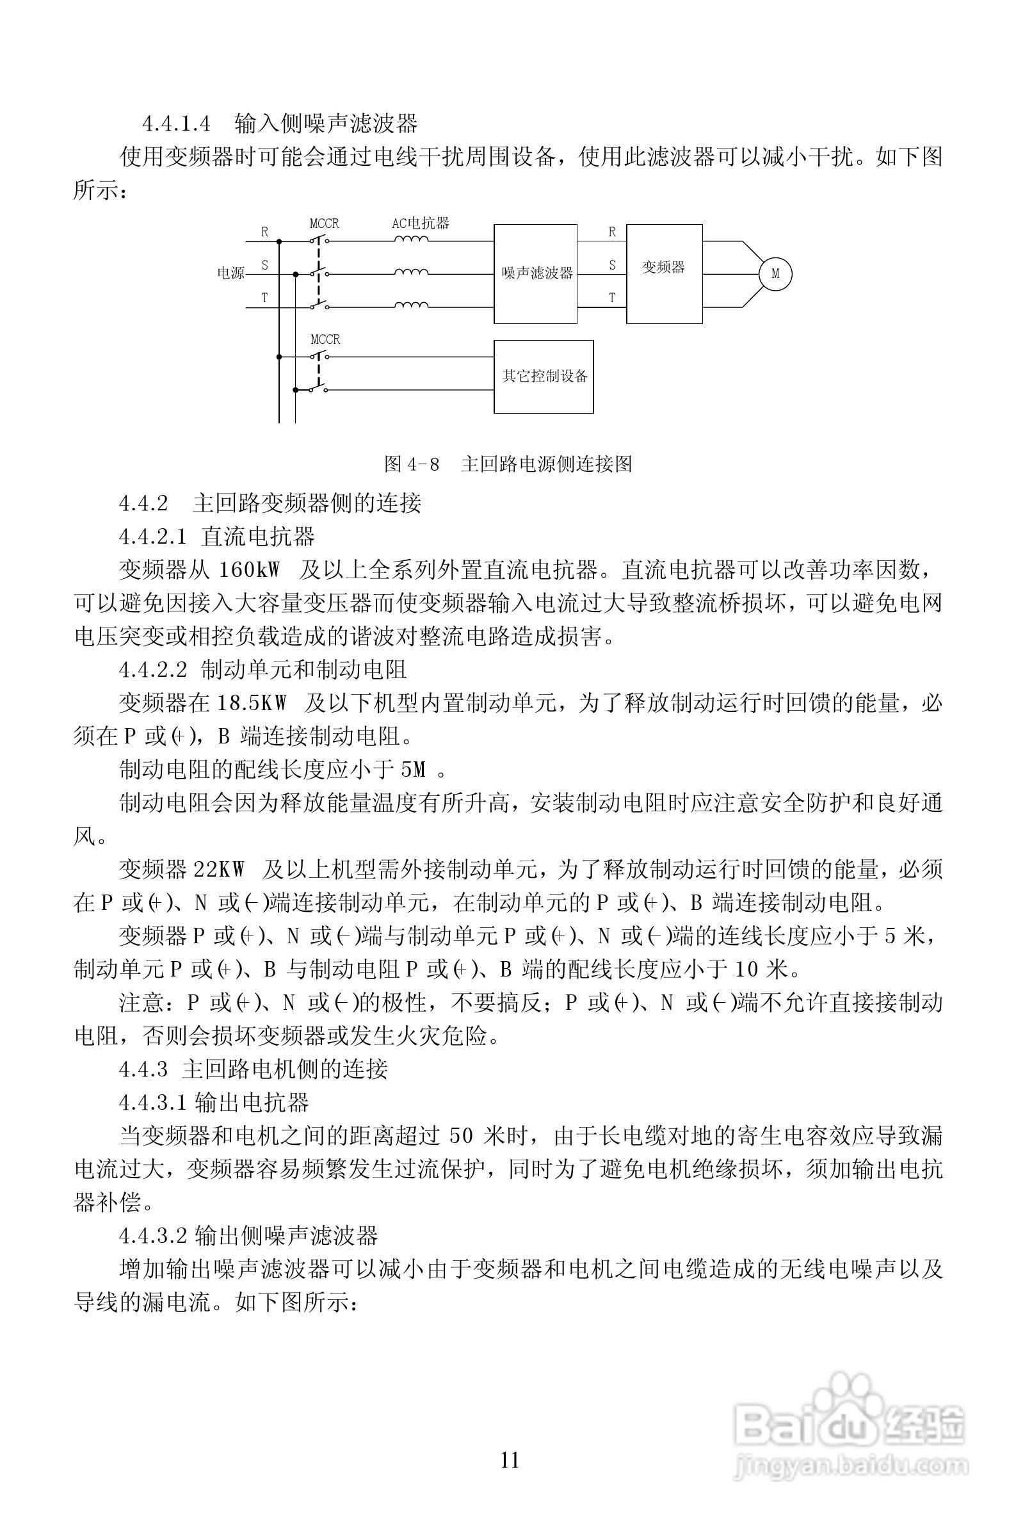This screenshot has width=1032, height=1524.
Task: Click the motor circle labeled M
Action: coord(775,273)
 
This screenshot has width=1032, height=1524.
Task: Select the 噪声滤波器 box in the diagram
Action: coord(536,273)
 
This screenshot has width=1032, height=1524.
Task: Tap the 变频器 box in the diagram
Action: coord(663,273)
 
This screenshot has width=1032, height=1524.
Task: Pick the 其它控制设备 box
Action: coord(544,377)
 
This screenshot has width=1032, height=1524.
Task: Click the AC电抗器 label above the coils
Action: coord(421,223)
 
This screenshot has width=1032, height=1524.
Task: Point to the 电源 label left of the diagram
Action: coord(230,273)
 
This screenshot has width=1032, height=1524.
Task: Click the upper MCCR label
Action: coord(325,223)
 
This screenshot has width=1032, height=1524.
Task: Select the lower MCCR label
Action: coord(325,339)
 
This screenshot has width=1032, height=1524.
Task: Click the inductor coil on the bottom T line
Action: coord(411,304)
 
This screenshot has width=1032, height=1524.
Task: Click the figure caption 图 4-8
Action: coord(411,464)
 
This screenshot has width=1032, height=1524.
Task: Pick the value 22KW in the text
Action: coord(219,870)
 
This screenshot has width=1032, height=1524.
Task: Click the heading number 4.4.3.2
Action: coord(154,1236)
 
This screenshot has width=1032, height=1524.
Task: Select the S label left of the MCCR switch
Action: coord(265,265)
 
